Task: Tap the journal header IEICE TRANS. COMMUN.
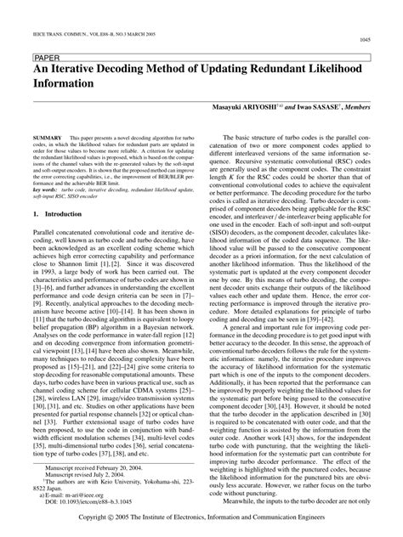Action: pos(60,16)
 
